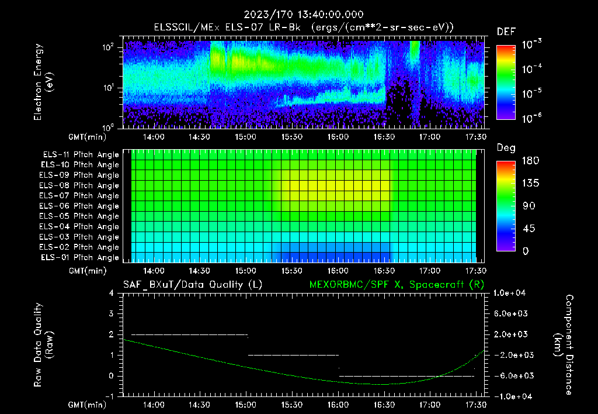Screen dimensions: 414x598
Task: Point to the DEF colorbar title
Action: coord(506,32)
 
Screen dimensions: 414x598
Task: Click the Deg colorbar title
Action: coord(506,148)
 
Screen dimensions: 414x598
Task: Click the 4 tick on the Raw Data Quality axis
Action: coord(112,294)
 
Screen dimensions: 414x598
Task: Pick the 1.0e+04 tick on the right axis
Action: coord(511,294)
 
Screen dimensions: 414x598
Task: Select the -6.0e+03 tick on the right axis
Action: coord(511,376)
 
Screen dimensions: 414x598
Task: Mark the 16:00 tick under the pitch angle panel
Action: coord(338,270)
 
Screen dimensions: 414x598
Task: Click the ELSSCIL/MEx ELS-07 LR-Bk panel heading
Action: coord(304,27)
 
